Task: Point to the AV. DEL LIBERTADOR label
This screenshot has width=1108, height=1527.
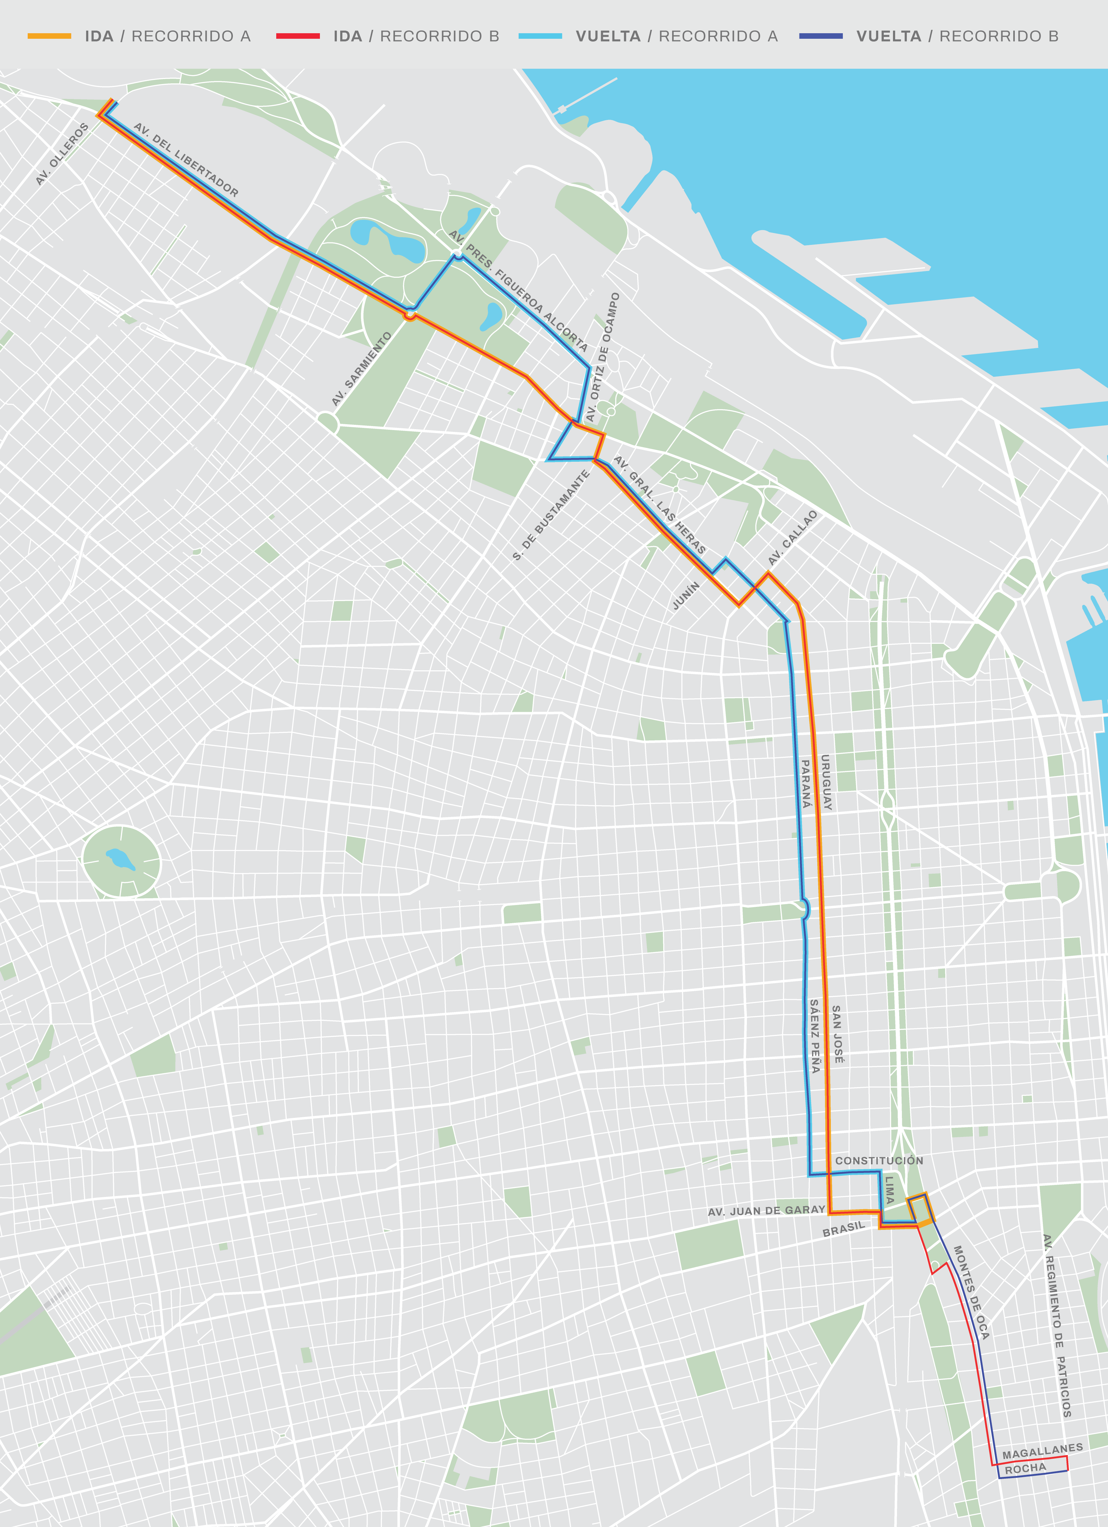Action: pos(186,160)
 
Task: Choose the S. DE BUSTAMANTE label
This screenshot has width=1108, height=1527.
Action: pos(551,515)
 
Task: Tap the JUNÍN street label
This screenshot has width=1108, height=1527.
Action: pos(686,596)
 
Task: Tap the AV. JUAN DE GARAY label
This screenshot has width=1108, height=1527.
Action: pos(766,1211)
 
